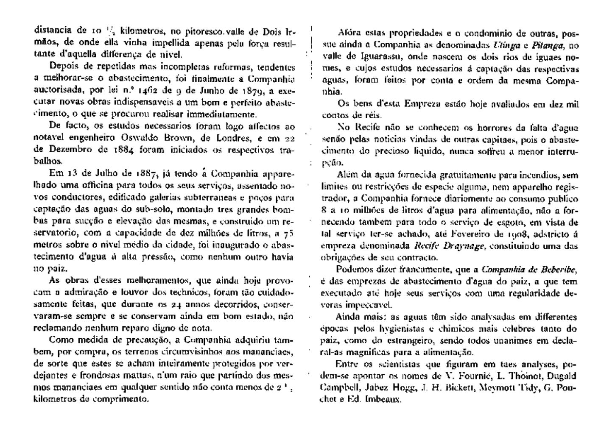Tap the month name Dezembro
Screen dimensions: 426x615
pyautogui.click(x=63, y=150)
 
